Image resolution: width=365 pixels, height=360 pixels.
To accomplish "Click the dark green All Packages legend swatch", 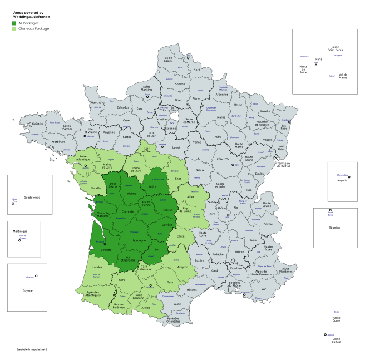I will tap(14, 23).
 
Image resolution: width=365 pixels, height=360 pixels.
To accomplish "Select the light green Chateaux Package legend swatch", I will tap(14, 28).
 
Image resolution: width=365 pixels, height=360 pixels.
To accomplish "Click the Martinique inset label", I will tap(19, 231).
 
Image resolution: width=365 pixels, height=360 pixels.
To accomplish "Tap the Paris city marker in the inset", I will tap(316, 65).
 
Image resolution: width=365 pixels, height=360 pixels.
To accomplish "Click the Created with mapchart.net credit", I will tap(32, 349).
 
